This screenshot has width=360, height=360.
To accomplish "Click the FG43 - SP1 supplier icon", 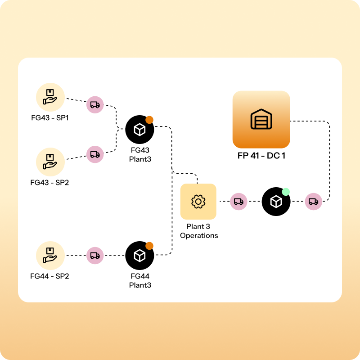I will click(x=50, y=97).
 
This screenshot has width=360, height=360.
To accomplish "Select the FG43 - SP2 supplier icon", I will click(x=50, y=161).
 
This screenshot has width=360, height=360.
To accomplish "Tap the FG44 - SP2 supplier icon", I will click(x=50, y=255).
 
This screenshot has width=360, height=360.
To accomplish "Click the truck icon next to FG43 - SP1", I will click(x=95, y=105).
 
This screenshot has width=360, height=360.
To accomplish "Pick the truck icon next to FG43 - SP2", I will click(x=95, y=154).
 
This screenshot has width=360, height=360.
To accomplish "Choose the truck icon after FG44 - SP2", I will click(x=95, y=256).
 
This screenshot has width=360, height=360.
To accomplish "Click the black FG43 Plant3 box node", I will click(x=140, y=130).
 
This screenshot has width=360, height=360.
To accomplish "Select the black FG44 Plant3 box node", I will click(x=140, y=256).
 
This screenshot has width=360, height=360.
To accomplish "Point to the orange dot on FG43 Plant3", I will click(x=149, y=120).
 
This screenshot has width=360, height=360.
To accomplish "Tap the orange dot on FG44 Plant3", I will click(x=149, y=246).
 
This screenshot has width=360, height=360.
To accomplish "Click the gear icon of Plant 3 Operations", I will click(x=198, y=202).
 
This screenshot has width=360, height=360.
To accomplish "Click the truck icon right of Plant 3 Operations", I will click(x=239, y=202).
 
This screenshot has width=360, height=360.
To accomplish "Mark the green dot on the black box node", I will click(x=285, y=192).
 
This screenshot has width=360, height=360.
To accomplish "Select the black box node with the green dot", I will click(x=276, y=202).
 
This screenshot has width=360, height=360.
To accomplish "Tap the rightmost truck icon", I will click(x=314, y=202).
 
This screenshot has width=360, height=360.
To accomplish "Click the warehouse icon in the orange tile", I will click(x=261, y=120).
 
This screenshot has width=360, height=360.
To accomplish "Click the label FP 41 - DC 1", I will click(x=261, y=156).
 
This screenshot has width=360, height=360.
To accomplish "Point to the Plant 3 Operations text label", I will click(x=198, y=231).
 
